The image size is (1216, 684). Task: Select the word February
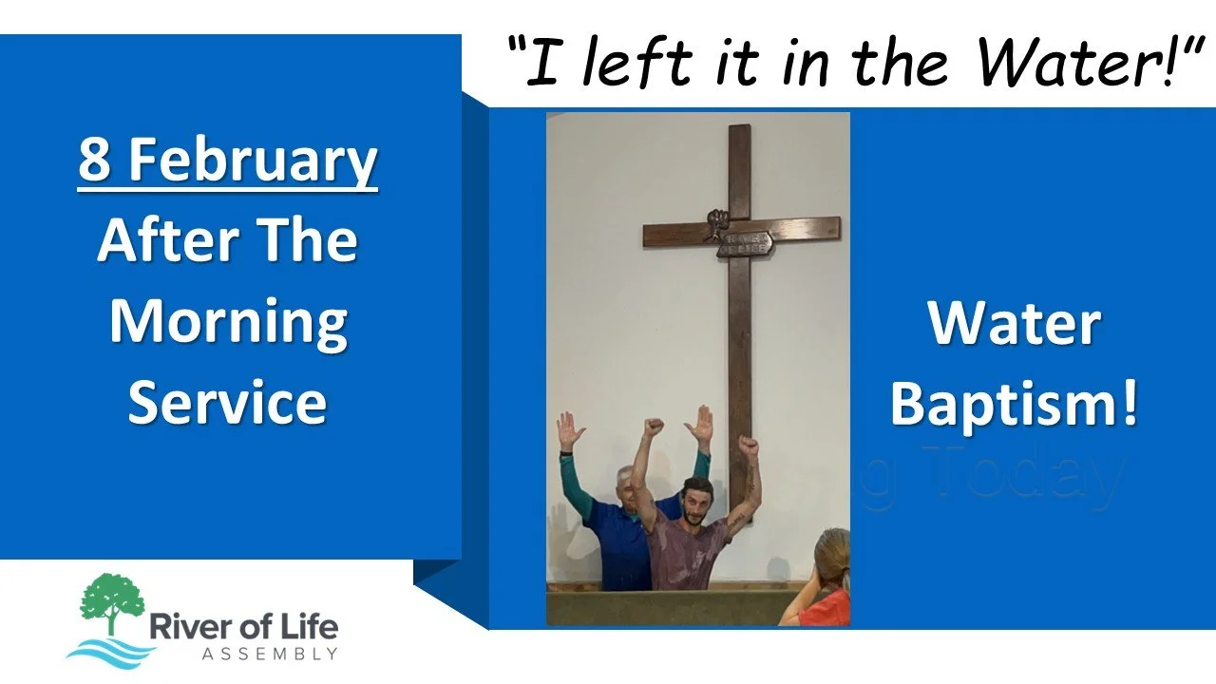tap(254, 161)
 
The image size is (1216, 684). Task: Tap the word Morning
tap(227, 323)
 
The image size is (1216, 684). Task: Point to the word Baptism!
tap(1013, 403)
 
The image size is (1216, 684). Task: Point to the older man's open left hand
tap(571, 430)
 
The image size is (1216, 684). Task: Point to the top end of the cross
tap(739, 133)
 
